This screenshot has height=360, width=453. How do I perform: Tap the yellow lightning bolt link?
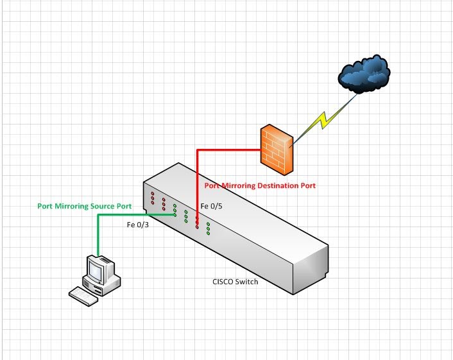tap(323, 120)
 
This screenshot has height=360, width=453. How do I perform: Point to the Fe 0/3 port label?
tap(137, 225)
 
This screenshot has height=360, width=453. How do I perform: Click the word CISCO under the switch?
tap(223, 281)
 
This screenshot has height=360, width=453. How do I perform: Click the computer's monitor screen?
tap(96, 271)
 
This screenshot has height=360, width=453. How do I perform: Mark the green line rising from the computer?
tap(98, 234)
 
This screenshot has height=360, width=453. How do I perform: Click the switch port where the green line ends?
tap(175, 215)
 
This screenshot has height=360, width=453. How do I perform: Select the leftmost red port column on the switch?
tap(153, 198)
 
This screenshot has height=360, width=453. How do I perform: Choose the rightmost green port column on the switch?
tap(209, 229)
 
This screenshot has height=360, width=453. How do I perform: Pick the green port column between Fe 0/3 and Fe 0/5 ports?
tap(186, 217)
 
